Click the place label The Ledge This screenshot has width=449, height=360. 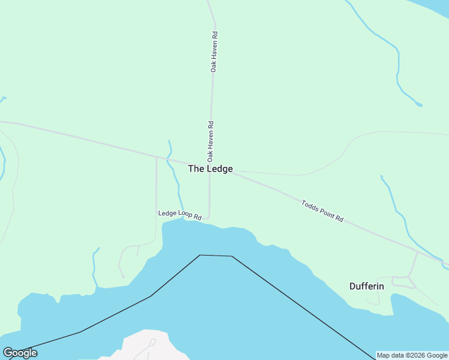[x=210, y=169]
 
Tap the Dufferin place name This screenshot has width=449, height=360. [x=367, y=286]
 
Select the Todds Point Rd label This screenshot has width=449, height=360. [x=322, y=212]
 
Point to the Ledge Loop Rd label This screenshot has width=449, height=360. [x=179, y=214]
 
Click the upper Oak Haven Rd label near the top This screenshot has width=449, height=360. [x=213, y=52]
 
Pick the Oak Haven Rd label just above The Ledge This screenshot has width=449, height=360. [x=211, y=142]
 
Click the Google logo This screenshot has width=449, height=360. [x=20, y=353]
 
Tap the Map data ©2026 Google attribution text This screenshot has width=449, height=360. [x=412, y=355]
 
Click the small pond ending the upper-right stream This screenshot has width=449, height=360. [x=419, y=105]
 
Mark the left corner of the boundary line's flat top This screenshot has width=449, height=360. [x=200, y=255]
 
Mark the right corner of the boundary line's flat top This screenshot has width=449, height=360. [x=232, y=256]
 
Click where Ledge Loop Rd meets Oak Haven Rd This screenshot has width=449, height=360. [x=208, y=217]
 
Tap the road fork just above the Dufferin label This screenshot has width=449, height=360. [x=409, y=277]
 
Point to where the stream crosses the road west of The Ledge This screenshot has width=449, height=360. [x=170, y=161]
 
